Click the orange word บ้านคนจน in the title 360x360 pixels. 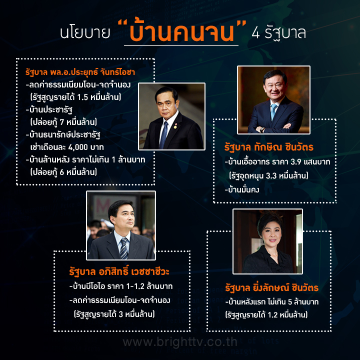[x=181, y=31]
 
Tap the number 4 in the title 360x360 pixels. [x=256, y=33]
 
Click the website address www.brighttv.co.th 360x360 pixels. [x=180, y=342]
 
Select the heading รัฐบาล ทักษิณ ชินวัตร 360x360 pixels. [x=269, y=147]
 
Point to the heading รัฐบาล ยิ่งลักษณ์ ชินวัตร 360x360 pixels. [x=272, y=287]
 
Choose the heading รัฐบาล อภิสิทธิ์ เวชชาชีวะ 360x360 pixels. [x=119, y=271]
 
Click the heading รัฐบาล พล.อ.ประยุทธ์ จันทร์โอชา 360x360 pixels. [x=80, y=72]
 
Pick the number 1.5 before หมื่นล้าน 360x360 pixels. [x=82, y=97]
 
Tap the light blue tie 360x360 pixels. [x=273, y=111]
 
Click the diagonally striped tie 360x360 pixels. [x=124, y=248]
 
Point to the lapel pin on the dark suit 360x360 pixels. [x=175, y=126]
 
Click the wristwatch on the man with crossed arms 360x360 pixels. [x=262, y=129]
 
